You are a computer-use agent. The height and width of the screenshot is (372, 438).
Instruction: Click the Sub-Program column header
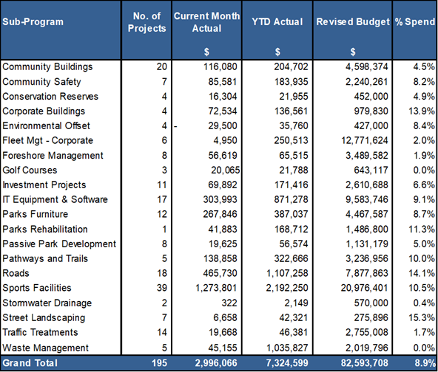tap(33, 21)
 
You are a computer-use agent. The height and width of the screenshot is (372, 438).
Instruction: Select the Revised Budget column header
tap(353, 21)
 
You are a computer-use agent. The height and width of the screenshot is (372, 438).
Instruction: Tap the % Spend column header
tap(415, 21)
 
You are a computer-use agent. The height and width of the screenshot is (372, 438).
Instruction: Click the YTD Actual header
tap(277, 21)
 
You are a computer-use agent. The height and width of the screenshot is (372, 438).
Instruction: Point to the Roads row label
tap(16, 273)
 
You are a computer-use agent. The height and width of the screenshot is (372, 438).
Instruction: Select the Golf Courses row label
tap(30, 170)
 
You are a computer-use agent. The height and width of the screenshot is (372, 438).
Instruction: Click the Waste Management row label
tap(45, 348)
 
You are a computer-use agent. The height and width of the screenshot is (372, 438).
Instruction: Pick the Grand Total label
tap(30, 363)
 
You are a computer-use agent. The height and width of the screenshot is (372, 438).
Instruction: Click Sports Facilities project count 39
tap(162, 288)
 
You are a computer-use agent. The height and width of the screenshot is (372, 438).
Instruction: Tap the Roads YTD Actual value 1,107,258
tap(287, 273)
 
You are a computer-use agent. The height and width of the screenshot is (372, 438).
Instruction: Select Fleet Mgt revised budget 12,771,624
tap(364, 140)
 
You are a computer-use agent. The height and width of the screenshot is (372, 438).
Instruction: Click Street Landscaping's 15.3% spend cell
tap(422, 317)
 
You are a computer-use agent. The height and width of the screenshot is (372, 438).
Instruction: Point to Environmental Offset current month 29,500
tap(223, 125)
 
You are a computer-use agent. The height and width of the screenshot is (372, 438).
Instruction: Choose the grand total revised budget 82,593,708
tap(364, 363)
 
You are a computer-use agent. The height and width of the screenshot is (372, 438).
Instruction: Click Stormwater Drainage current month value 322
tap(229, 303)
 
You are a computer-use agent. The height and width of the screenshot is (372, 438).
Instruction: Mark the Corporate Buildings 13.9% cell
tap(422, 111)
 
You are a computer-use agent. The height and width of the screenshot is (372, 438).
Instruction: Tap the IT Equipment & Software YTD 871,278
tap(291, 199)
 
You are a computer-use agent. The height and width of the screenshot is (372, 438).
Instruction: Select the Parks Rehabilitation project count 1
tap(164, 229)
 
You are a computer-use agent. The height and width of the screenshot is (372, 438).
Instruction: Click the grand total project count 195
tap(159, 363)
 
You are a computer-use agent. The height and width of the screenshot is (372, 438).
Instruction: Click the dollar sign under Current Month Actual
tap(206, 52)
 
